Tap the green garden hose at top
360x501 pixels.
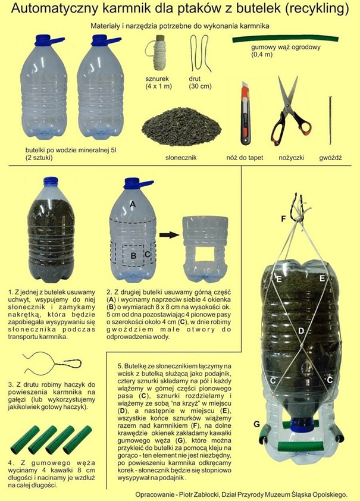[x=285, y=39]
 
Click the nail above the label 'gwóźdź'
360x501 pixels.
[x=330, y=119]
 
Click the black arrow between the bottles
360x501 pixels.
[x=170, y=234]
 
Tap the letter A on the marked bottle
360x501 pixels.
[x=133, y=204]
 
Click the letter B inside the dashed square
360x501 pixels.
[x=134, y=256]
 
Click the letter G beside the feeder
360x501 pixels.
[x=256, y=424]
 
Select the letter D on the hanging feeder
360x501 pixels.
[x=300, y=330]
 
